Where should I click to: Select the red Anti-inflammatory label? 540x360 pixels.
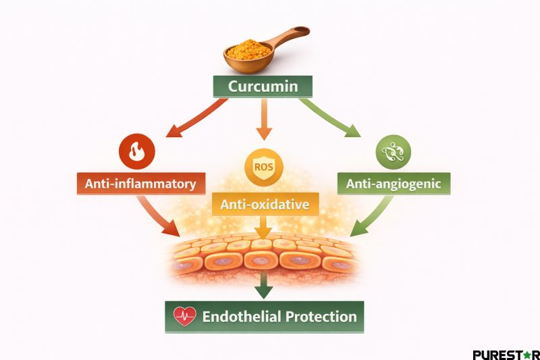(140, 183)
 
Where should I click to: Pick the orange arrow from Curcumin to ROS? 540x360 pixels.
(261, 122)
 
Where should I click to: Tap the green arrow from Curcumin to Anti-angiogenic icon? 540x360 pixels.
(331, 117)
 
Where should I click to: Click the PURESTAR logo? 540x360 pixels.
(505, 354)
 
